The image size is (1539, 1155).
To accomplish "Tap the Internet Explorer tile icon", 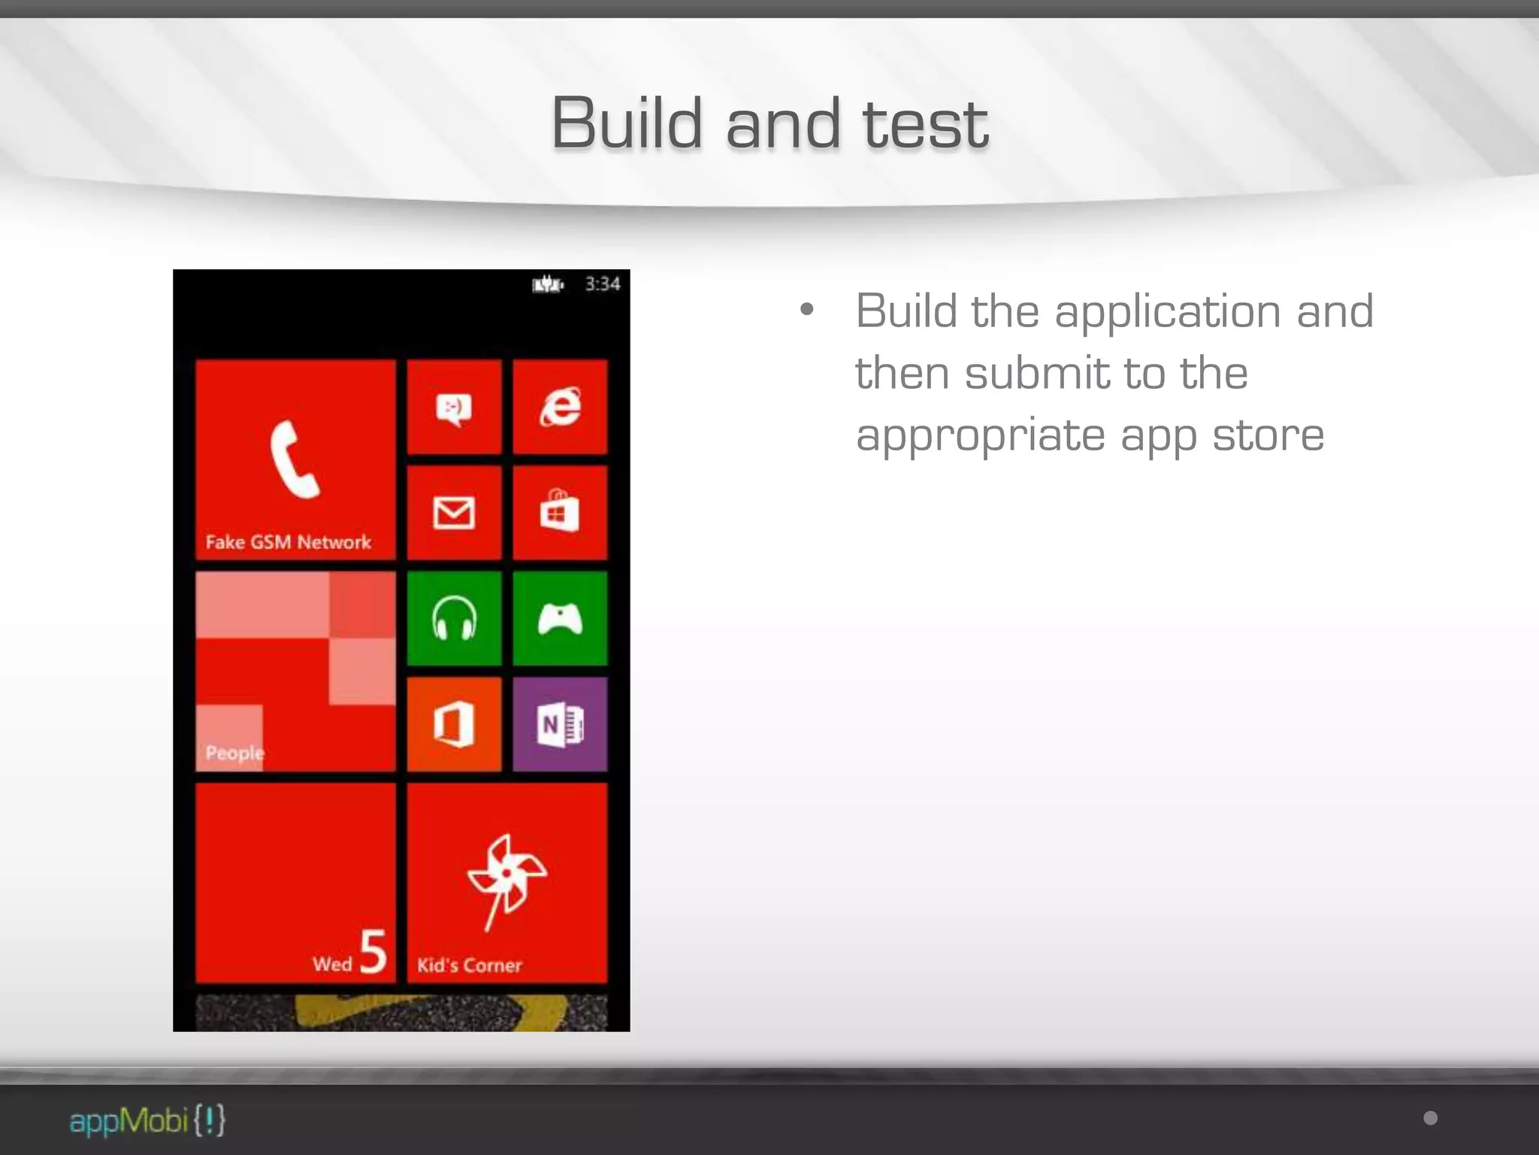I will pos(560,407).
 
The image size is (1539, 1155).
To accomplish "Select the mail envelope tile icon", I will pos(454,513).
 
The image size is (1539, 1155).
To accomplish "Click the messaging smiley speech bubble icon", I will pos(454,409).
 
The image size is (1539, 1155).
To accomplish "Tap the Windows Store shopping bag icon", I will pos(560,511).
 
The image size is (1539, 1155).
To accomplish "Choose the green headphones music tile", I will pos(454,618).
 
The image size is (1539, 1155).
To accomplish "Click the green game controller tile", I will pos(560,618).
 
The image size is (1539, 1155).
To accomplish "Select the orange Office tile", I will pos(454,724).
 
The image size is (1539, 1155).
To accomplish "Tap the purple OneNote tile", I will pos(560,724).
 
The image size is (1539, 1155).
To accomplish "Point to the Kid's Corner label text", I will pos(469,966).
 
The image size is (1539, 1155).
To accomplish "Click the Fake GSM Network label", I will pos(288,542).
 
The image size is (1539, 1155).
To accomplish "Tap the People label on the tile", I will pos(234,753).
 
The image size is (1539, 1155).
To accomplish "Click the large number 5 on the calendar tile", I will pos(373,952).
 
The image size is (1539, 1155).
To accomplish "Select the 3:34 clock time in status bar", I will pos(603,284).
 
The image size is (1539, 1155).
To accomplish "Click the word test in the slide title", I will pos(926,124).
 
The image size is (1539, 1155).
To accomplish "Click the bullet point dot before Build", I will pos(807,309).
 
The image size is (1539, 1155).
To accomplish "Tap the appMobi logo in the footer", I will pos(147,1120).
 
